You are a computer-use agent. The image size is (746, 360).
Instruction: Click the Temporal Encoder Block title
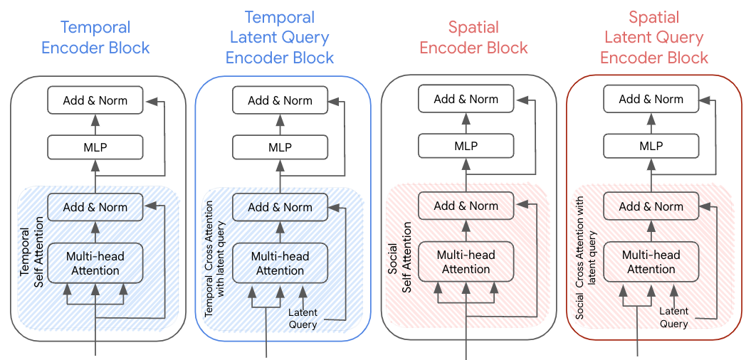click(95, 38)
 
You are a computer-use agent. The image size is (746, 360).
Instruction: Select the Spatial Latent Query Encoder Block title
click(654, 37)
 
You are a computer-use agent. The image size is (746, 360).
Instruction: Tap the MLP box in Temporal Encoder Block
click(95, 147)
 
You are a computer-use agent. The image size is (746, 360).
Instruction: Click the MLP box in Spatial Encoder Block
click(466, 146)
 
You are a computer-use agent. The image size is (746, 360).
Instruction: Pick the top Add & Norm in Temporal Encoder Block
click(95, 100)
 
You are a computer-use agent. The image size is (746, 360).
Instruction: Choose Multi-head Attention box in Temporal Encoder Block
click(95, 263)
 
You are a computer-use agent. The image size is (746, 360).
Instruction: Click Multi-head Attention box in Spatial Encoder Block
click(466, 261)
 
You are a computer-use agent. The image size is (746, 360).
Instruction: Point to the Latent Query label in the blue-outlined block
click(303, 318)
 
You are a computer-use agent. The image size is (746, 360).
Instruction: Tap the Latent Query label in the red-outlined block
click(673, 317)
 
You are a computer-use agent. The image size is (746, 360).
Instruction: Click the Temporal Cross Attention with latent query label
click(214, 257)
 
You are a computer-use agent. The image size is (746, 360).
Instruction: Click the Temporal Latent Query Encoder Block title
click(280, 37)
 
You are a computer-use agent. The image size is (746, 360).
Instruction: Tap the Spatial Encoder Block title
click(473, 38)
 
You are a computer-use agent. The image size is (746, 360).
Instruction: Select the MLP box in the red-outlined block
click(651, 146)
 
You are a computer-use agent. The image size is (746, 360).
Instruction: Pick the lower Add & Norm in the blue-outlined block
click(280, 207)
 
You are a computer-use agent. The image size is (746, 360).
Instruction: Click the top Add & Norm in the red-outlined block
click(651, 99)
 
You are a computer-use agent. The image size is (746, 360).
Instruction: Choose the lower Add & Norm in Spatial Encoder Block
click(466, 206)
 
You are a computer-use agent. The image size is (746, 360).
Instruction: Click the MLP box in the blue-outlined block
click(280, 147)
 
